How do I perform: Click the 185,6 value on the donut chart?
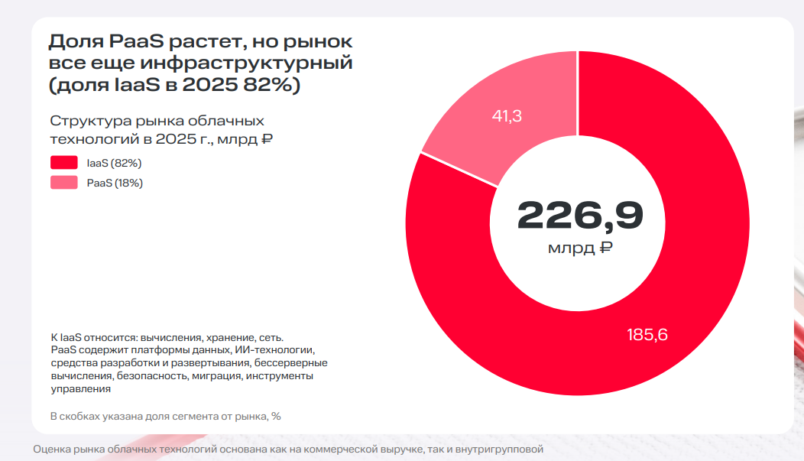click(647, 334)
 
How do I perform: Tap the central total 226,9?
click(580, 216)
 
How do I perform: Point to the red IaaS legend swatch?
click(63, 163)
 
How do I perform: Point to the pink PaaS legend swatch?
click(63, 183)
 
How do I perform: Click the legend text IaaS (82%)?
click(114, 163)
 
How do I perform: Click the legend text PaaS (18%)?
click(115, 183)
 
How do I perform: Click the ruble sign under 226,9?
click(606, 248)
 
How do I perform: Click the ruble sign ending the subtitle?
click(267, 138)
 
